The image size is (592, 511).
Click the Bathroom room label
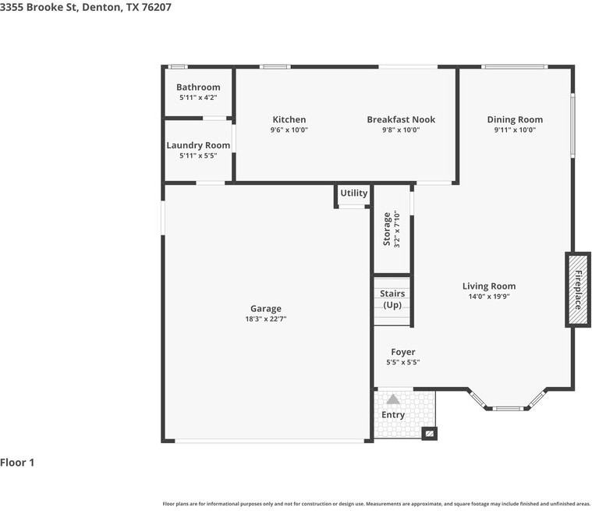[198, 87]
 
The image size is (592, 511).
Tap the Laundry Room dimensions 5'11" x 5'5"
[198, 156]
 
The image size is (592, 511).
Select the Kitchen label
[289, 119]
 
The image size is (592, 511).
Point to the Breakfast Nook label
[401, 119]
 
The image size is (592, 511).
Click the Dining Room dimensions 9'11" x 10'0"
[515, 130]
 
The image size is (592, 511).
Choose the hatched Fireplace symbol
[578, 289]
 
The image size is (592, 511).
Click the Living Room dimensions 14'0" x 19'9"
[489, 297]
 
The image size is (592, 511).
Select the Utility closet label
[353, 193]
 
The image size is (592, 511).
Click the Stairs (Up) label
[392, 299]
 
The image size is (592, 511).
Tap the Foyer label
[403, 352]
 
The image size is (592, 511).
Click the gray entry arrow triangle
[393, 399]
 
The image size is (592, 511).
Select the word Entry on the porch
[393, 415]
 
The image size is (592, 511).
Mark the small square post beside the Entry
[428, 433]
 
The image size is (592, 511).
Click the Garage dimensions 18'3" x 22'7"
[266, 319]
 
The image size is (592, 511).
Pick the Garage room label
[266, 308]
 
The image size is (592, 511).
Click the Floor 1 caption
[17, 463]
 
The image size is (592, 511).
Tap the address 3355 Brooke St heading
[86, 7]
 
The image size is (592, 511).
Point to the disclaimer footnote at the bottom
[376, 503]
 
